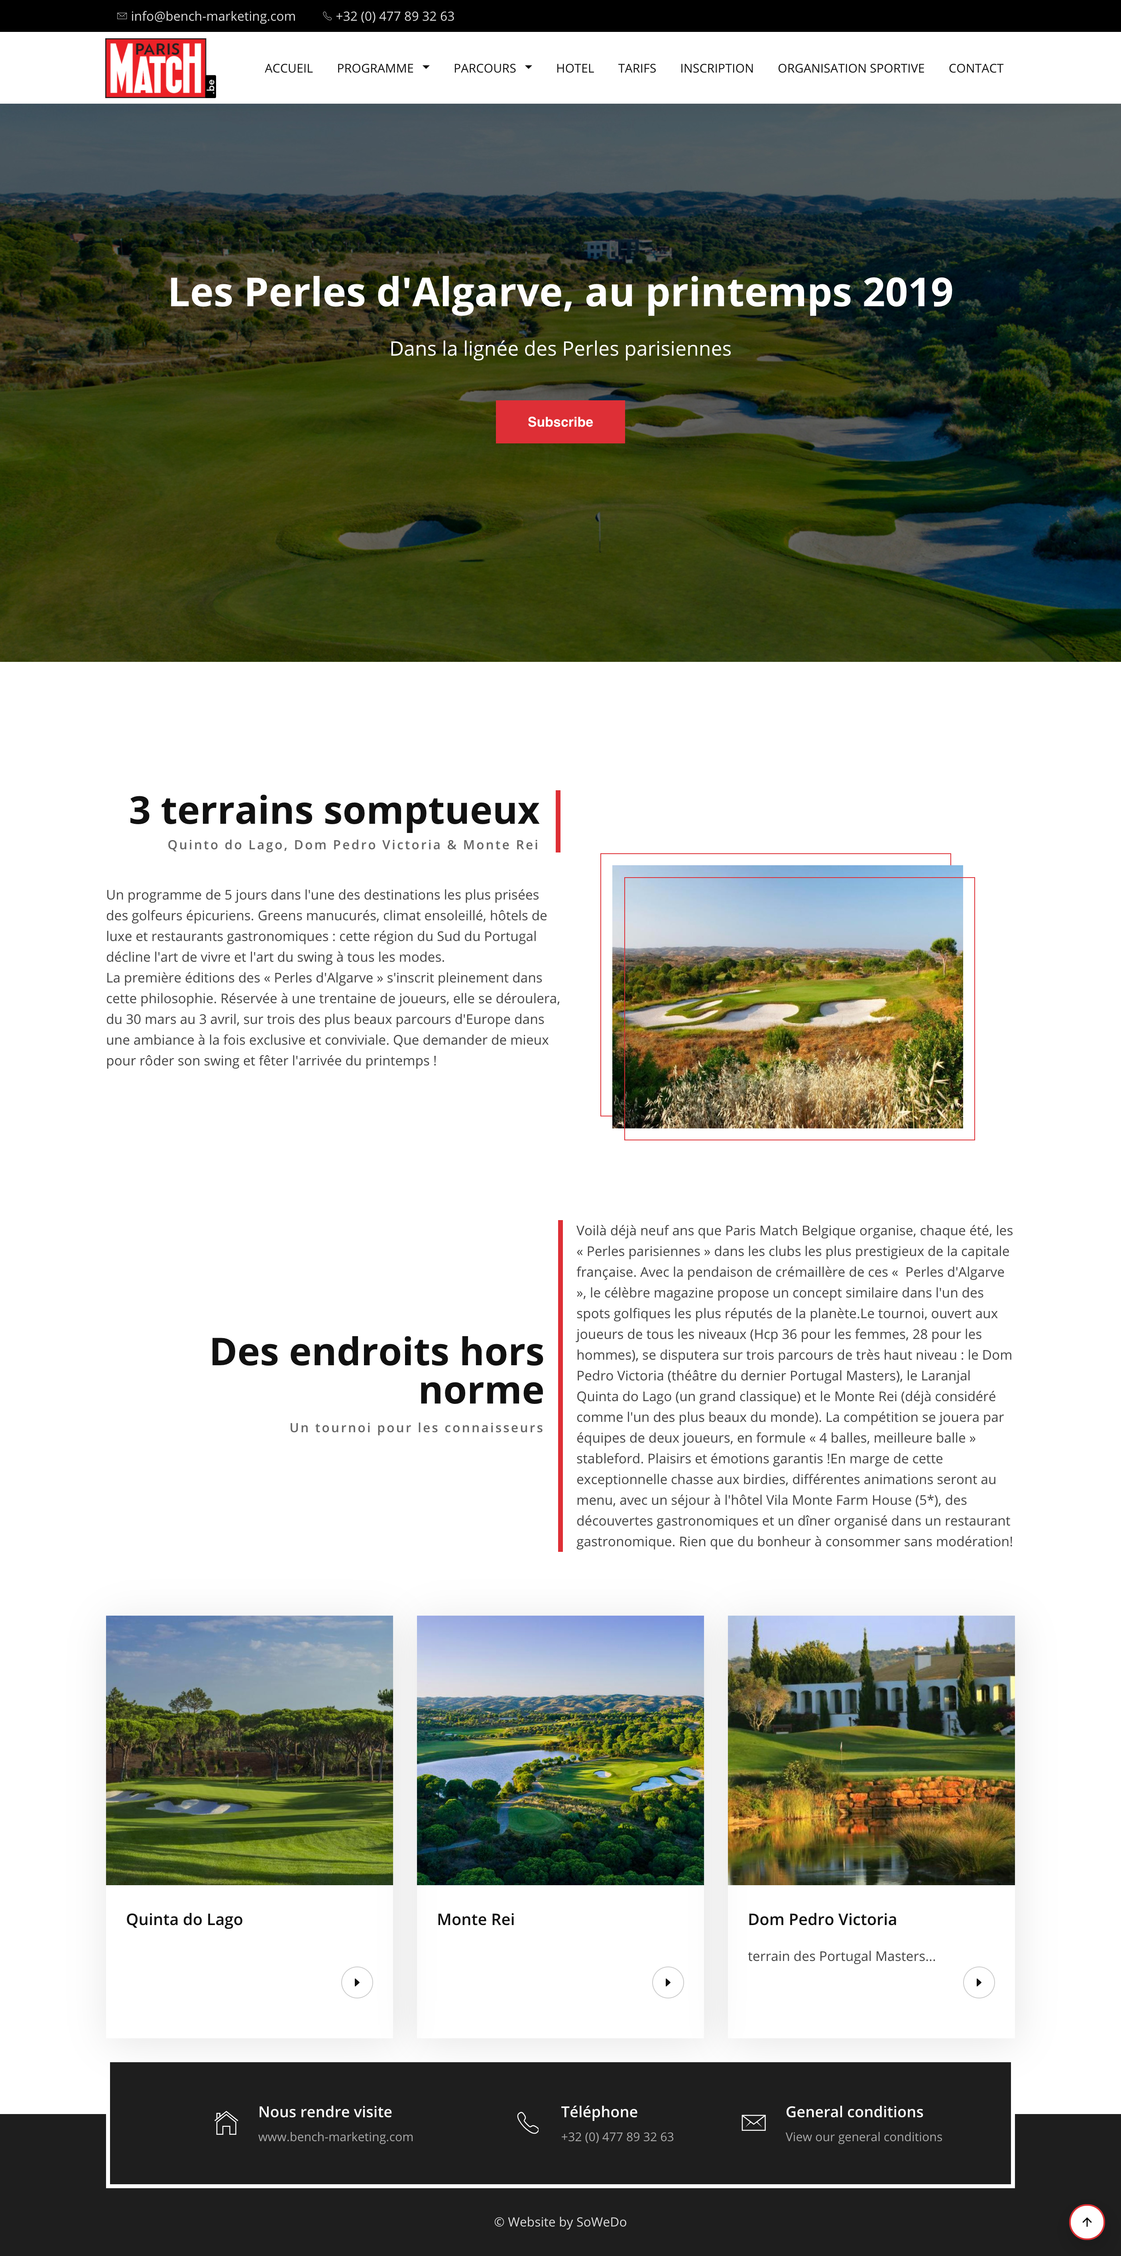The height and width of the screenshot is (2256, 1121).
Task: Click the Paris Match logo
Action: [159, 68]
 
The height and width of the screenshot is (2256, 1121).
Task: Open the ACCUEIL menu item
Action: [288, 68]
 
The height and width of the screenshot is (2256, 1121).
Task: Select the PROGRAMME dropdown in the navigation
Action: [383, 68]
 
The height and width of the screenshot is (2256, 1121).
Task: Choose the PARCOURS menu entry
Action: [492, 68]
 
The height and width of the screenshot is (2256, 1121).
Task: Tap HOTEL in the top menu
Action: [574, 68]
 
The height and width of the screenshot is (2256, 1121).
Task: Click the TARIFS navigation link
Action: [637, 68]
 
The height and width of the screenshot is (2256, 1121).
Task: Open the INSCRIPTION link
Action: [716, 68]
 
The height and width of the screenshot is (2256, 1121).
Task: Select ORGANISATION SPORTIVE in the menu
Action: [850, 68]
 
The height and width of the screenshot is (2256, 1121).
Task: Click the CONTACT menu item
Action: [975, 68]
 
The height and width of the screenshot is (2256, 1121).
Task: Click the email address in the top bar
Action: [213, 16]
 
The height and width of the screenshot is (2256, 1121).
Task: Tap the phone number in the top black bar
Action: [395, 16]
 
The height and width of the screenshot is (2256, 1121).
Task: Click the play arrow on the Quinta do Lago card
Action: [356, 1982]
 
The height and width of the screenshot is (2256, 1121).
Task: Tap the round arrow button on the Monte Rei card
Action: [667, 1982]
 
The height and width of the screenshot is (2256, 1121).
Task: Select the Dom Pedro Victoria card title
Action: [822, 1919]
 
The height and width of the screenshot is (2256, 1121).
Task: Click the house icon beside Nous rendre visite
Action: [226, 2123]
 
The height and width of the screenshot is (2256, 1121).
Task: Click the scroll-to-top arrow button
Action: [1086, 2221]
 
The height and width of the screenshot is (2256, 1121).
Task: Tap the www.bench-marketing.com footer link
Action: [335, 2137]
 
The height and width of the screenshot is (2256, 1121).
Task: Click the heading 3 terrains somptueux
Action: [334, 810]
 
